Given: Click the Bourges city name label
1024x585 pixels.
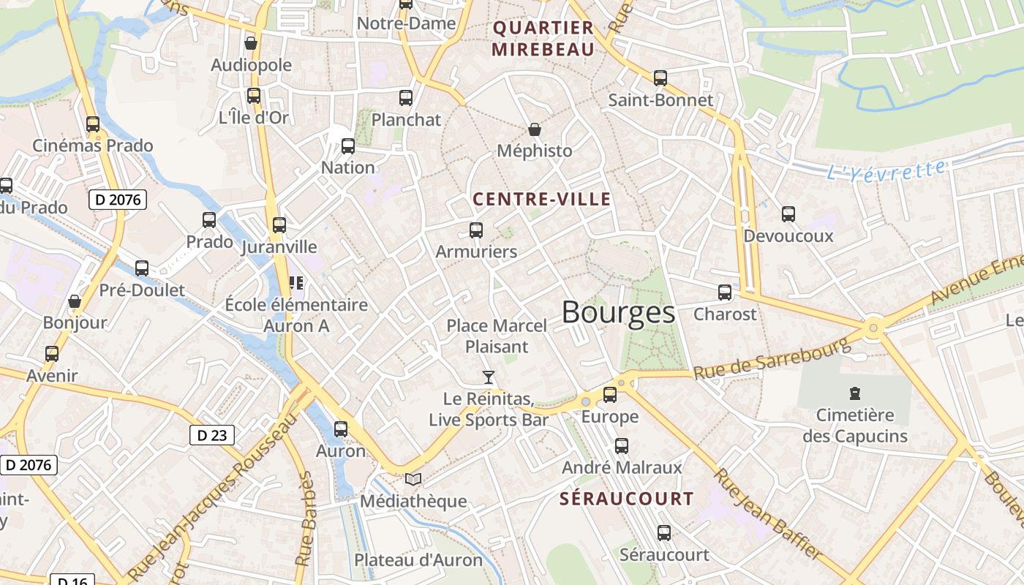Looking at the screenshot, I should pyautogui.click(x=618, y=313).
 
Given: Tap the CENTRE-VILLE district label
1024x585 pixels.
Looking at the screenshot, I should pyautogui.click(x=541, y=199).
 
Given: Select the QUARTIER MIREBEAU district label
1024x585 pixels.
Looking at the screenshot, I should pyautogui.click(x=543, y=39).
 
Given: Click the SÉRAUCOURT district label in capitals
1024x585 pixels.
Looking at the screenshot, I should pyautogui.click(x=627, y=499).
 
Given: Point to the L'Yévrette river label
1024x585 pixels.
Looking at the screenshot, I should pyautogui.click(x=886, y=171).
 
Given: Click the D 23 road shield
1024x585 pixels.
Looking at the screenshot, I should pyautogui.click(x=212, y=435).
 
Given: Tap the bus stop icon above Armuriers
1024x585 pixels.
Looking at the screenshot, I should pyautogui.click(x=476, y=230).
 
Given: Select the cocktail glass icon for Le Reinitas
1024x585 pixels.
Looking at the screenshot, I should pyautogui.click(x=489, y=377).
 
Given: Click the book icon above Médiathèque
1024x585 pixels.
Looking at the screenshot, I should pyautogui.click(x=413, y=480).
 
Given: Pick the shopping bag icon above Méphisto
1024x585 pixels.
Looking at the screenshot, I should pyautogui.click(x=535, y=129).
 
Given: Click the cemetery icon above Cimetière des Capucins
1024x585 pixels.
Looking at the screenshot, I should pyautogui.click(x=854, y=394).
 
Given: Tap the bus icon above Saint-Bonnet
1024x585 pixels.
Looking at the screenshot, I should pyautogui.click(x=660, y=78).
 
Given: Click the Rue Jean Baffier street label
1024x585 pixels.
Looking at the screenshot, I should pyautogui.click(x=767, y=515).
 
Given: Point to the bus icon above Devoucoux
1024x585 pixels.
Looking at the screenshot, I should pyautogui.click(x=788, y=214).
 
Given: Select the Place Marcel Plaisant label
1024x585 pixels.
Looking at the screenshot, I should pyautogui.click(x=496, y=336).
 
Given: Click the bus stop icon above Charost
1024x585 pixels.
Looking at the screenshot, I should pyautogui.click(x=724, y=292).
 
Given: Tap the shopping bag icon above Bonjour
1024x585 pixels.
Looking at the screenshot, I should pyautogui.click(x=75, y=301).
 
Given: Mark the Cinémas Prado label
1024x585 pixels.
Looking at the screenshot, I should pyautogui.click(x=93, y=146).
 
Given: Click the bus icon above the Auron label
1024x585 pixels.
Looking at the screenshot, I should pyautogui.click(x=341, y=429).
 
